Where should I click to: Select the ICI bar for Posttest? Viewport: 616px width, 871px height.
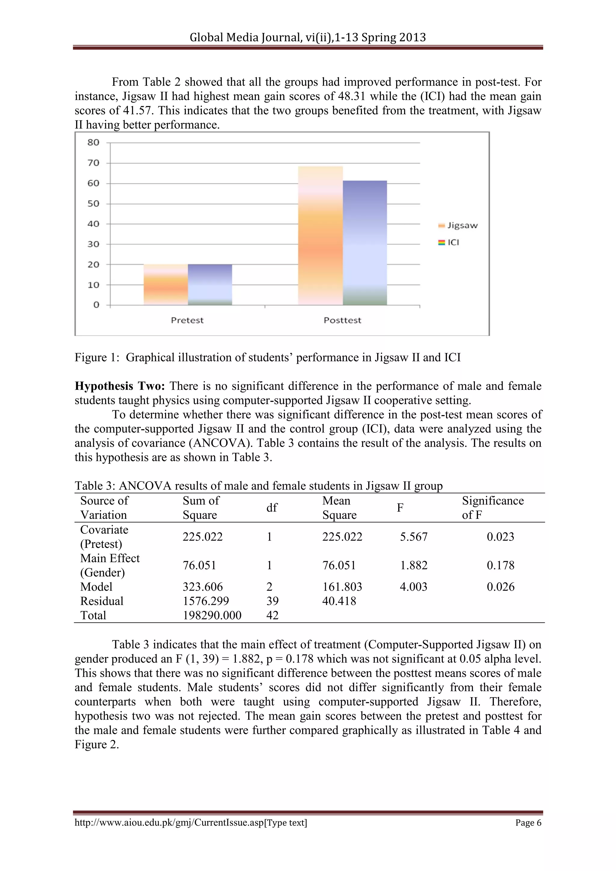365,243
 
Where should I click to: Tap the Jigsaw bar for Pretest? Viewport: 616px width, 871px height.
165,285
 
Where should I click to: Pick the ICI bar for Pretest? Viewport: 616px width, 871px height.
210,285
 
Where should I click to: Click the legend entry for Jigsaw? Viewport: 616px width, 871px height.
458,225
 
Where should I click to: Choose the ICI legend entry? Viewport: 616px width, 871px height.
449,242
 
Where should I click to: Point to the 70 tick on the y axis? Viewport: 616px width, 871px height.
93,163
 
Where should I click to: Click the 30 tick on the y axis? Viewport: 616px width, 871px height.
93,244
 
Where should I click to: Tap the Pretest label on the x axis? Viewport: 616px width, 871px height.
187,320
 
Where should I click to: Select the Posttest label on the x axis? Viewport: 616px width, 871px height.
342,320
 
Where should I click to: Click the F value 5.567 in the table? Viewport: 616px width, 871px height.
414,537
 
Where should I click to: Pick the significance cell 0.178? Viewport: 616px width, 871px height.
500,565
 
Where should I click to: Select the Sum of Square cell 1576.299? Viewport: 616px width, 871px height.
206,601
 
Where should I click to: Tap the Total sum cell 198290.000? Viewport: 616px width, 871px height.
212,615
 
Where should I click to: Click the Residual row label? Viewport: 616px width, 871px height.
102,601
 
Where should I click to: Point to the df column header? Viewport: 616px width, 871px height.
272,508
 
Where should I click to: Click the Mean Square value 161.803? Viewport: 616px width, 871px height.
342,587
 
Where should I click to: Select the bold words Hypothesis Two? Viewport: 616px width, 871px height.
119,386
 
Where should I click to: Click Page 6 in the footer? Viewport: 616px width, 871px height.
528,823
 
